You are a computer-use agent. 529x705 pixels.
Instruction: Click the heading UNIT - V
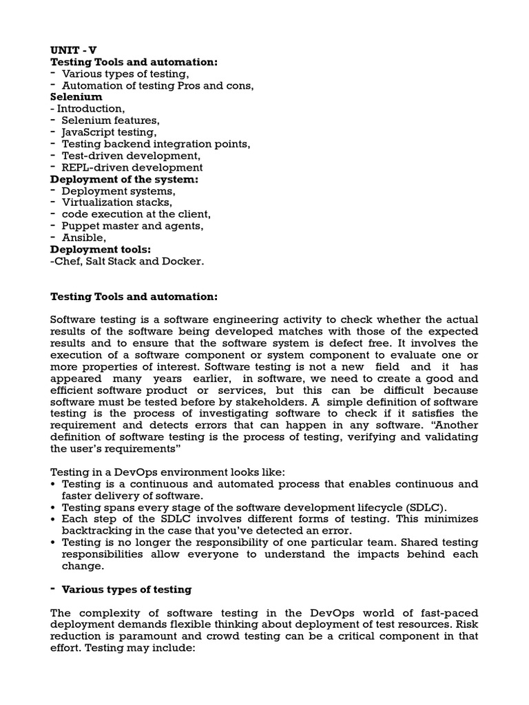tap(73, 50)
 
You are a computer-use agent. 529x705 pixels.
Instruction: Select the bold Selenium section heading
tap(76, 97)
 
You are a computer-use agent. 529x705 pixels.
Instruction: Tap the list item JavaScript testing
tap(109, 132)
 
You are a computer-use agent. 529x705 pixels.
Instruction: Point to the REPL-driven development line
tap(132, 167)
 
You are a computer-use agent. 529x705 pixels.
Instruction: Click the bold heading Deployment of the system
tap(124, 179)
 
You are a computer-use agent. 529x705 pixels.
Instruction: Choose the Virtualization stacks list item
tap(116, 202)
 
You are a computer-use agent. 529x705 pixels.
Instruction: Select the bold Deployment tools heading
tap(101, 249)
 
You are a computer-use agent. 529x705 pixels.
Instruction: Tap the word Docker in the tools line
tap(185, 261)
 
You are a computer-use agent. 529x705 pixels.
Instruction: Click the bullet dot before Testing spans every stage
tap(54, 507)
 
